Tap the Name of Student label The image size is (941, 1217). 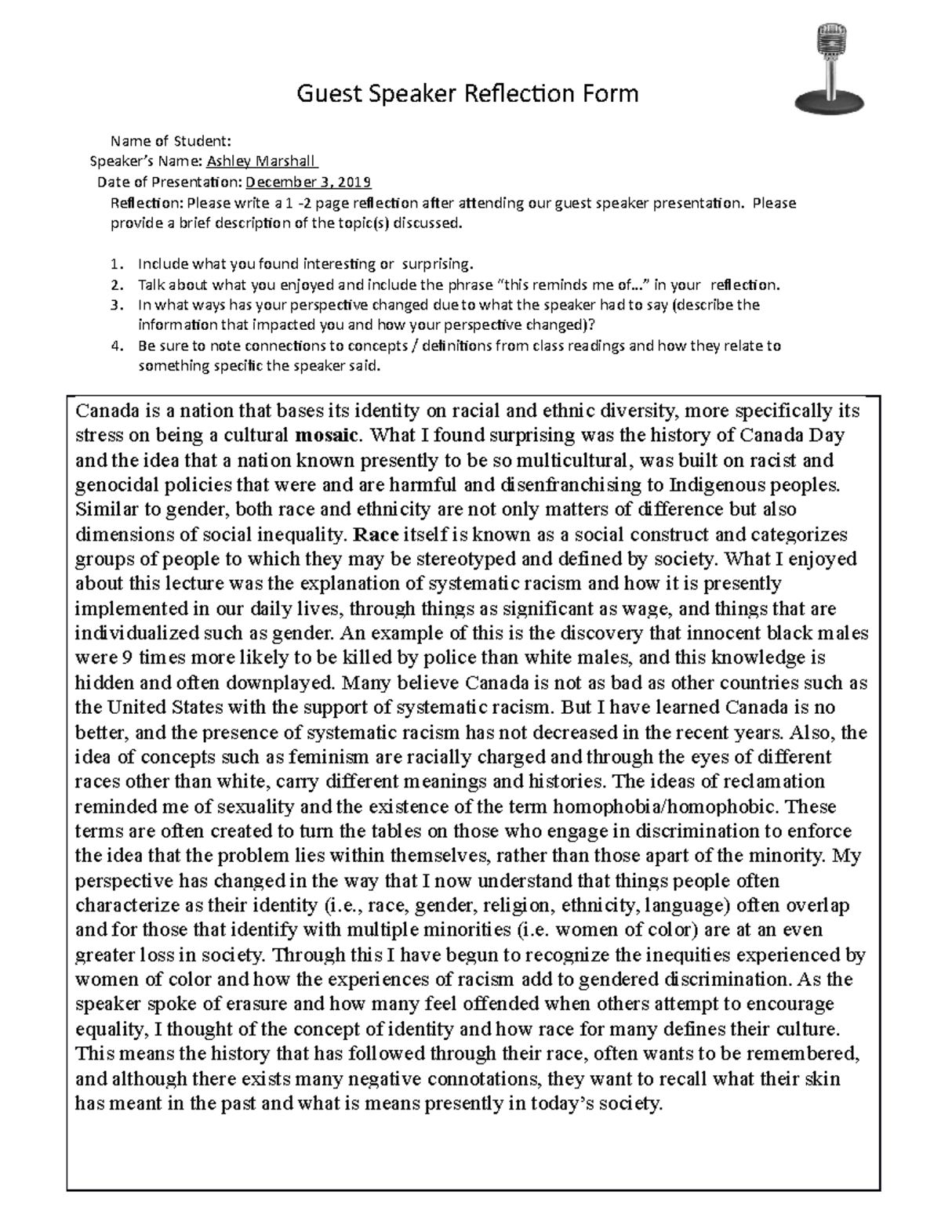point(171,142)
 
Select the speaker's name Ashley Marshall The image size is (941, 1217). point(261,162)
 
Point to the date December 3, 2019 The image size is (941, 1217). point(309,183)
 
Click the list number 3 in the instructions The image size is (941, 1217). point(117,305)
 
